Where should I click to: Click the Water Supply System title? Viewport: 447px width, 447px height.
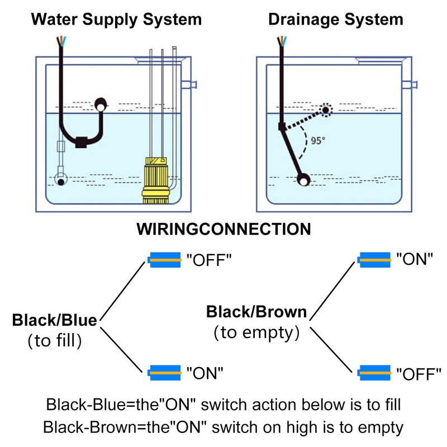click(x=116, y=20)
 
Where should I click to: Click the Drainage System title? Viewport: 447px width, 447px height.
click(x=335, y=20)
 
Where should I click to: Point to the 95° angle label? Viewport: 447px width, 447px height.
click(x=318, y=141)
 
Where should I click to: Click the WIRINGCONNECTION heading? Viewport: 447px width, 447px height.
click(x=223, y=229)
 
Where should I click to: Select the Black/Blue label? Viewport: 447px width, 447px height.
click(x=54, y=320)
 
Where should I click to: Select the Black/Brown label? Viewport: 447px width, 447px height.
click(x=256, y=312)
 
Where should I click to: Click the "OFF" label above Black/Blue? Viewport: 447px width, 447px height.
click(x=208, y=260)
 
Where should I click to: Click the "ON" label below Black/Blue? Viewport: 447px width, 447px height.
click(x=205, y=372)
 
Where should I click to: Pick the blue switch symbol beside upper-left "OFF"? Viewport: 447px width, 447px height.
click(x=165, y=260)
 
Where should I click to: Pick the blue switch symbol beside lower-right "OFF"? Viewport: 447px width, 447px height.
click(x=374, y=372)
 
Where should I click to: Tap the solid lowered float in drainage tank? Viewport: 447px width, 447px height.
click(x=303, y=180)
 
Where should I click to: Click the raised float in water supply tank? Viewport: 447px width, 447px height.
click(x=101, y=104)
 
